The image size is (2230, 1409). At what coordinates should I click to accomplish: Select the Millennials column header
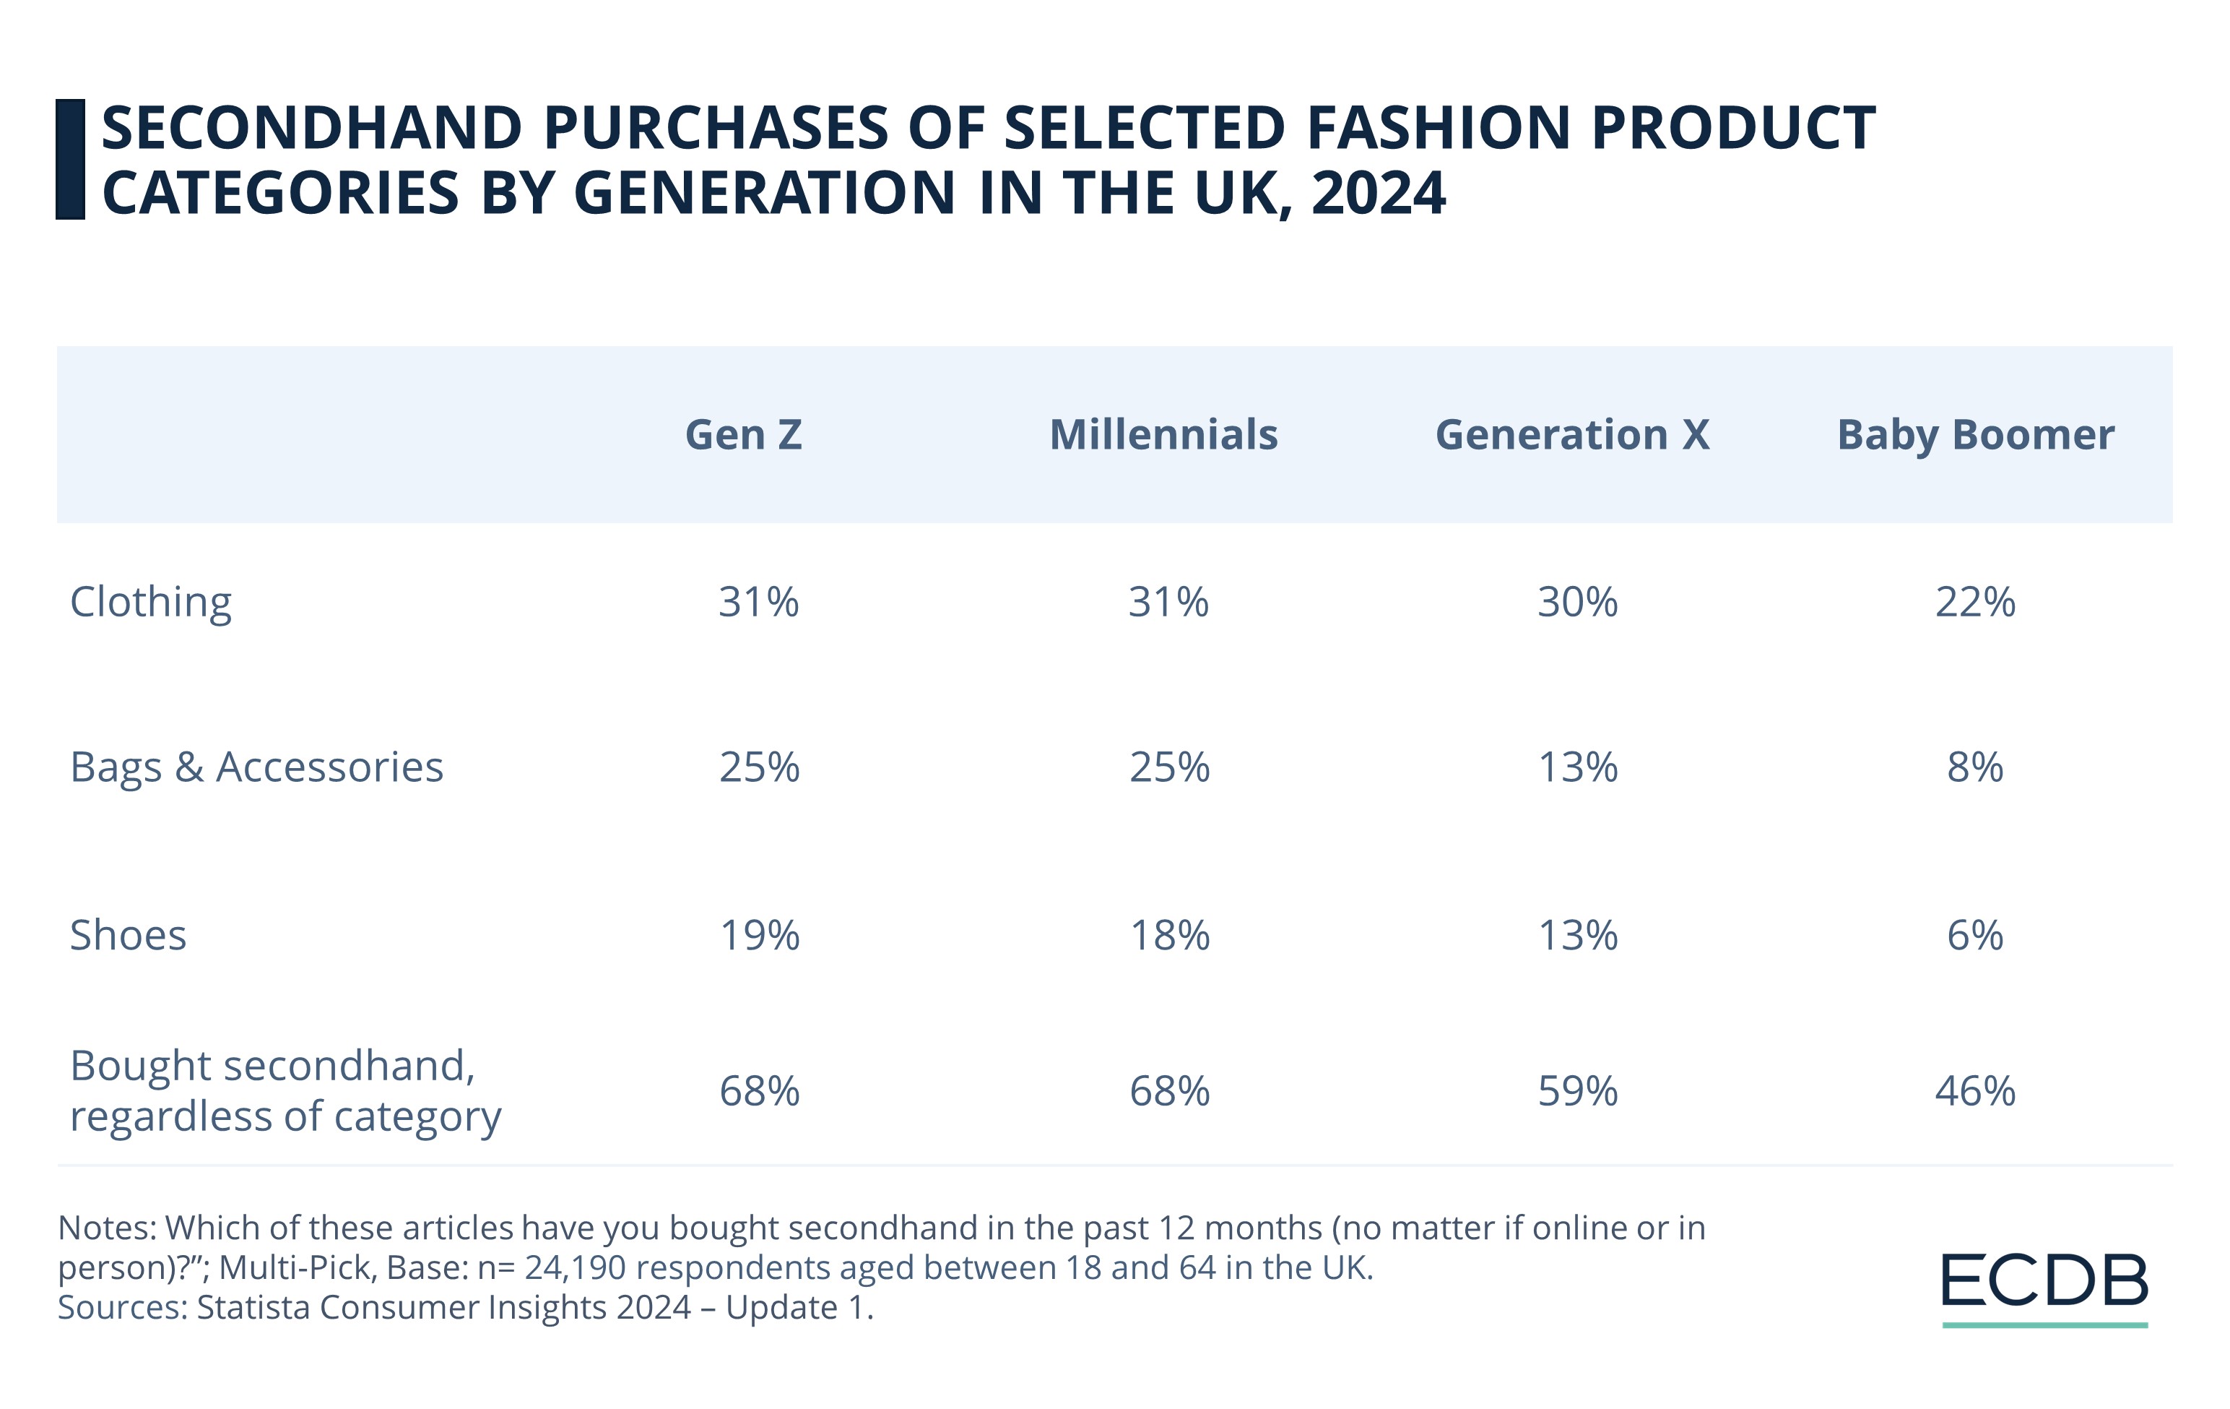coord(1163,434)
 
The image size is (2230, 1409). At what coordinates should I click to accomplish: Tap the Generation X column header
coord(1571,434)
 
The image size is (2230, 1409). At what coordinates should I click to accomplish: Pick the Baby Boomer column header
coord(1974,434)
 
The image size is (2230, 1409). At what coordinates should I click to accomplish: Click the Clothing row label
coord(151,602)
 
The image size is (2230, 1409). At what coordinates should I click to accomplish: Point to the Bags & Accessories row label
coord(256,767)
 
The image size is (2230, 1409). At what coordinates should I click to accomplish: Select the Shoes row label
coord(128,935)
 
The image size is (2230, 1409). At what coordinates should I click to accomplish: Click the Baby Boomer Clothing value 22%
coord(1974,602)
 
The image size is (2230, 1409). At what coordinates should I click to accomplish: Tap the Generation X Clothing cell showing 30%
coord(1577,602)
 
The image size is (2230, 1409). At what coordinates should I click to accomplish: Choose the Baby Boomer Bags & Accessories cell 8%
coord(1974,767)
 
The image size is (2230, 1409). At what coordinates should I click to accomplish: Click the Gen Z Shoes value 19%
coord(760,935)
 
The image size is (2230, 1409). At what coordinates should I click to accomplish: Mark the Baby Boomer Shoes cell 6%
coord(1974,935)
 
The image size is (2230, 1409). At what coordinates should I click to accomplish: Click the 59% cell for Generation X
coord(1577,1091)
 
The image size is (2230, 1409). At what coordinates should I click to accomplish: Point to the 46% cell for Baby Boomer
coord(1974,1091)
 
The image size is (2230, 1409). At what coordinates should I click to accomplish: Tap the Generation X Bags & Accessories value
coord(1577,767)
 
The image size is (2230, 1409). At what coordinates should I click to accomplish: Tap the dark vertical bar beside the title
coord(70,160)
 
